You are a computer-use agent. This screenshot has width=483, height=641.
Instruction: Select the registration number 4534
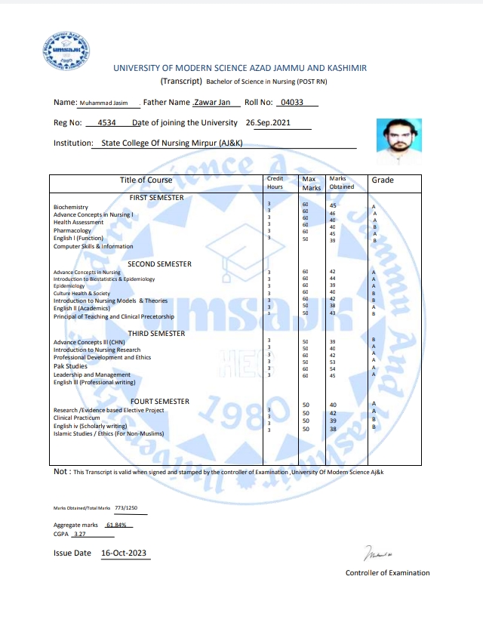click(x=107, y=122)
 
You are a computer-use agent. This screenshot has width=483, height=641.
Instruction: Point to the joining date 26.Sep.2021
click(x=268, y=122)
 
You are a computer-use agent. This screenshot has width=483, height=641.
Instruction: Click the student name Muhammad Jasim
click(x=104, y=103)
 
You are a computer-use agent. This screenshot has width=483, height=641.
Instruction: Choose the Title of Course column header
click(x=146, y=180)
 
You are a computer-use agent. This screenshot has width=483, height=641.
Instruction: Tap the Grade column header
click(x=382, y=180)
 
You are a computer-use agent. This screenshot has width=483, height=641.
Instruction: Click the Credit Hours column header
click(x=275, y=182)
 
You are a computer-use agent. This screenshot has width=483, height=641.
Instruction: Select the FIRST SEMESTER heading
click(x=156, y=197)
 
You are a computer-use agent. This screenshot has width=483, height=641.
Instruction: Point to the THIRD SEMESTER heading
click(x=156, y=333)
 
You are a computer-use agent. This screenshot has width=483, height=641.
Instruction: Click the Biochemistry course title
click(x=71, y=207)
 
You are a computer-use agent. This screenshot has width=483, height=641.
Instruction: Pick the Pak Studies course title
click(x=70, y=366)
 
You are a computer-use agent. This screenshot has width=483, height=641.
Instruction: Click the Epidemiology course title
click(x=69, y=286)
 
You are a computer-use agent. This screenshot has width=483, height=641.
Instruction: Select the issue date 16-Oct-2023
click(x=125, y=553)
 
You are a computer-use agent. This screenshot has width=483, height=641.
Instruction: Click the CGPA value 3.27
click(x=80, y=535)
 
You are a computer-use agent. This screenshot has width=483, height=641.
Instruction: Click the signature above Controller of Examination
click(x=377, y=555)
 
